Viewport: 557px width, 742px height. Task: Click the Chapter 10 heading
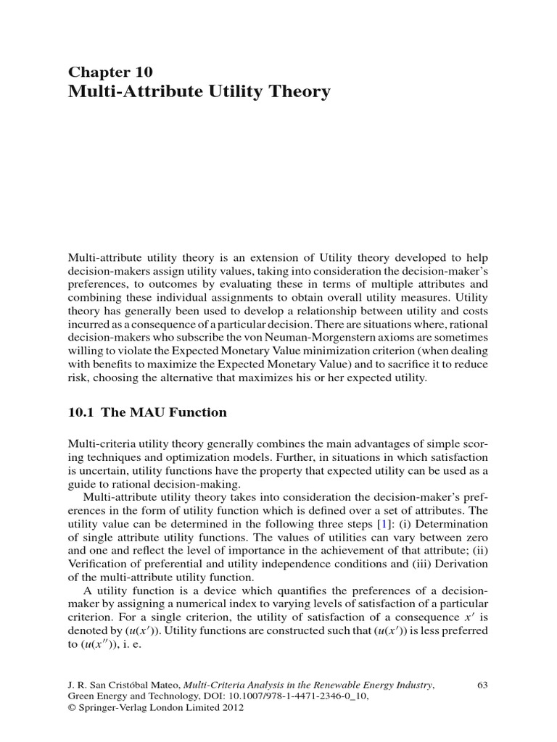click(x=110, y=71)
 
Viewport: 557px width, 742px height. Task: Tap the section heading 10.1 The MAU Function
click(x=147, y=412)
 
